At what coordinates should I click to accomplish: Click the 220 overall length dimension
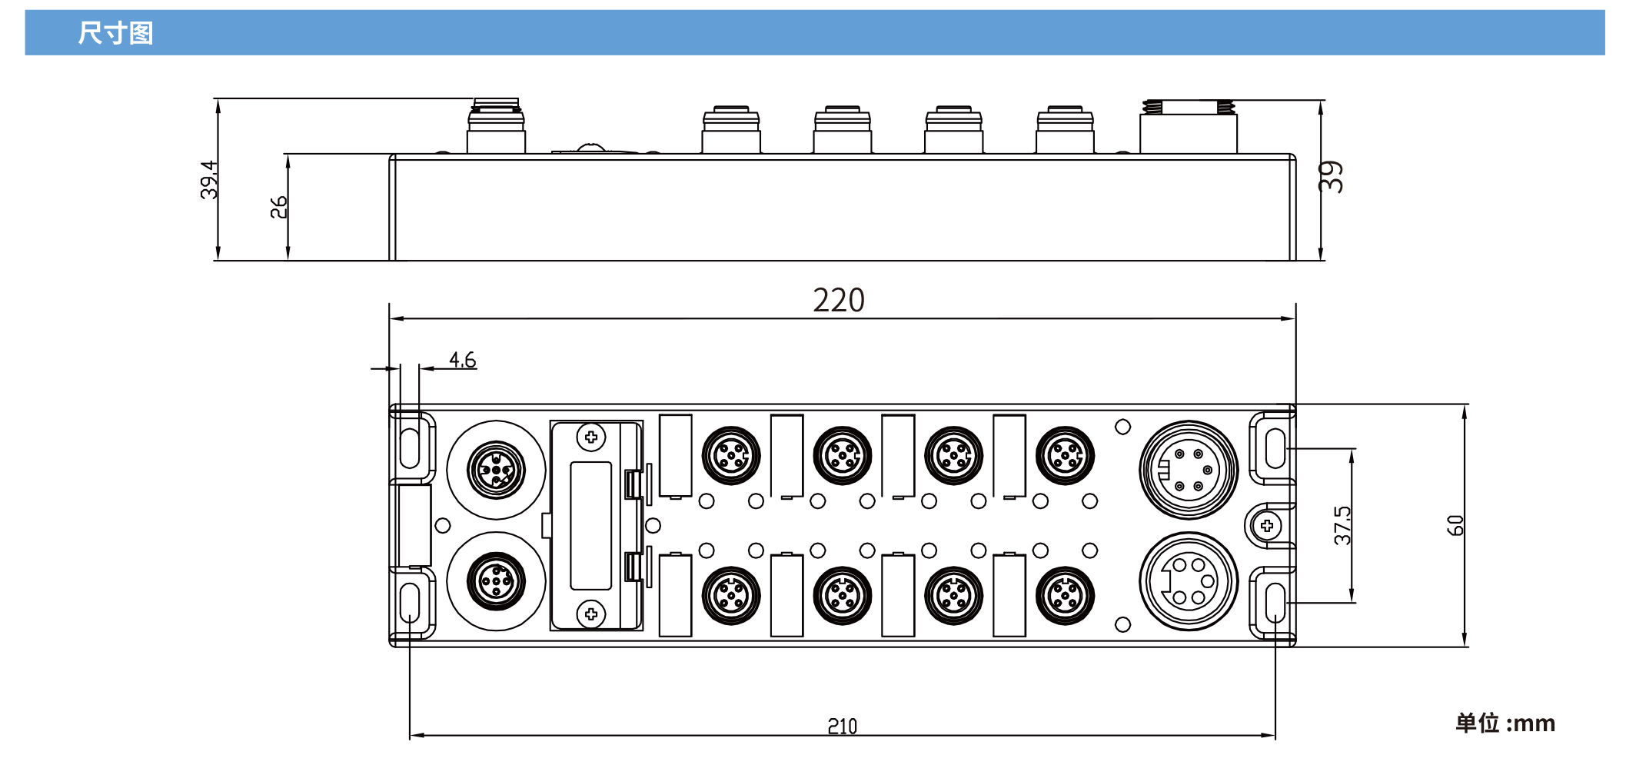tap(838, 300)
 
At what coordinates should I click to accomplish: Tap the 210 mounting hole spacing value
tap(842, 726)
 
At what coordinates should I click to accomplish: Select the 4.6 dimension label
tap(462, 360)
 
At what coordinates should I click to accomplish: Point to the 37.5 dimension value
tap(1342, 526)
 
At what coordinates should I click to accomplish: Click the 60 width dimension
tap(1455, 526)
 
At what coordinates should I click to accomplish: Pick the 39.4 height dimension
tap(208, 180)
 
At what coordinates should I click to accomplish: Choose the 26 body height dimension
tap(278, 207)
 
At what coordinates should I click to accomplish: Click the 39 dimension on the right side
tap(1332, 177)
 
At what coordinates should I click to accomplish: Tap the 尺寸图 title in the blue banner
tap(115, 33)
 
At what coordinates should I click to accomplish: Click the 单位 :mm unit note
tap(1505, 723)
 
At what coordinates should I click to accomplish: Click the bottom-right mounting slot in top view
tap(1275, 602)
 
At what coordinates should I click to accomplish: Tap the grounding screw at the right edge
tap(1267, 526)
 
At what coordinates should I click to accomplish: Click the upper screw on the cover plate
tap(590, 437)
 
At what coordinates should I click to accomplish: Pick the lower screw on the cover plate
tap(590, 614)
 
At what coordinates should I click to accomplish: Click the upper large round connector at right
tap(1189, 469)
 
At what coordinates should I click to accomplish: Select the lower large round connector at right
tap(1189, 581)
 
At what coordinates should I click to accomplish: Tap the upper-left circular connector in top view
tap(496, 469)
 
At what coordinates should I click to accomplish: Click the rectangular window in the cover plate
tap(590, 525)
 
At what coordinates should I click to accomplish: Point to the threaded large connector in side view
tap(1189, 127)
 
